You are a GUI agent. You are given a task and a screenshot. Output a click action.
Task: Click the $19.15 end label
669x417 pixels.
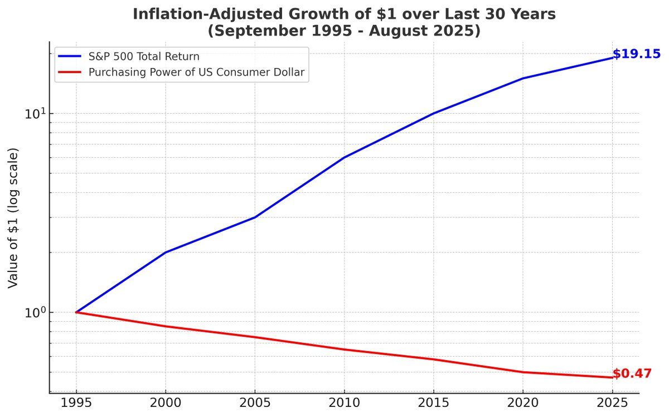click(636, 54)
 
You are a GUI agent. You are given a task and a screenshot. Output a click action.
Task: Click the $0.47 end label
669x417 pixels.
click(632, 374)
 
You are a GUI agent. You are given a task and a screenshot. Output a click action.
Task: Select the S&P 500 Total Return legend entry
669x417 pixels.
click(144, 56)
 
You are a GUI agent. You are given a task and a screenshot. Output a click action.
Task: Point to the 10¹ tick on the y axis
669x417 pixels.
click(35, 114)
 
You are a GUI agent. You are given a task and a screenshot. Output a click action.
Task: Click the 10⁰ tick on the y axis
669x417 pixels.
click(35, 312)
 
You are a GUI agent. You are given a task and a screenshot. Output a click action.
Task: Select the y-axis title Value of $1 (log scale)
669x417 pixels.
click(13, 218)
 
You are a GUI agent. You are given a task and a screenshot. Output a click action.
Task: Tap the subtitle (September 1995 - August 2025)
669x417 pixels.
click(344, 31)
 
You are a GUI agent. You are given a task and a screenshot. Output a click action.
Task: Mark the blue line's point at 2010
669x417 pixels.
click(344, 158)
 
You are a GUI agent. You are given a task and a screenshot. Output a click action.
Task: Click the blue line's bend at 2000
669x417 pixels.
click(166, 253)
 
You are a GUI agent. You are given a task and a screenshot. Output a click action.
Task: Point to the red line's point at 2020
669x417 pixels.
click(523, 372)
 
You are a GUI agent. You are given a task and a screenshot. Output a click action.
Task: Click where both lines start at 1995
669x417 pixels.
click(76, 312)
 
